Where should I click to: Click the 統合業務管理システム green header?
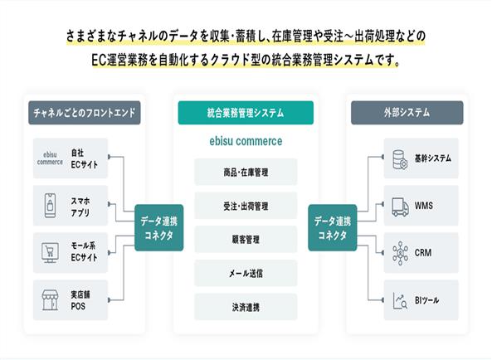point(246,113)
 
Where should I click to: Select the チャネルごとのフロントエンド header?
point(85,113)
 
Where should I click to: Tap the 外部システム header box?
point(407,113)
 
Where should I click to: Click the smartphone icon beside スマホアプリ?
point(51,206)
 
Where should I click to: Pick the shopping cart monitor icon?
point(50,253)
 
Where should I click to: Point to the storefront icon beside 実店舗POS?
point(51,300)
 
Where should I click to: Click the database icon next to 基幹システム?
point(400,159)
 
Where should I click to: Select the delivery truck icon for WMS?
point(401,207)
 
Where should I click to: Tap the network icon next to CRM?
point(401,253)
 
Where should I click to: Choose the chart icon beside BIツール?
point(401,300)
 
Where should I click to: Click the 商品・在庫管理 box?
point(246,172)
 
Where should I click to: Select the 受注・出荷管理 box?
point(246,206)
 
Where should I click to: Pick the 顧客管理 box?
point(246,240)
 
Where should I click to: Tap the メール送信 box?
point(246,274)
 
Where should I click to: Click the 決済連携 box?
point(246,307)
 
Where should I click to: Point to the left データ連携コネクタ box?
point(159,227)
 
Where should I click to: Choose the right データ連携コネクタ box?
point(333,227)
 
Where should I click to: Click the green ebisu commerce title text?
point(246,141)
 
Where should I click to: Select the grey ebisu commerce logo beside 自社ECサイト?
point(50,158)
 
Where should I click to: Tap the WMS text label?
point(424,206)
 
